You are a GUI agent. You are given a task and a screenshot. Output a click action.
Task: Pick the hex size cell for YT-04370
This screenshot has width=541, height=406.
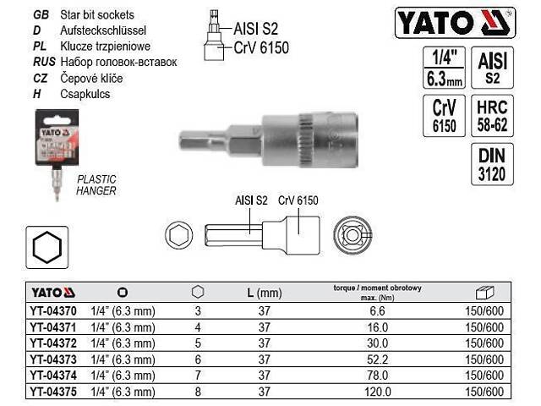click(x=198, y=312)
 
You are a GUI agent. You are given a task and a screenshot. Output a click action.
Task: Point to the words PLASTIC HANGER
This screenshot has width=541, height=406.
click(x=96, y=184)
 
